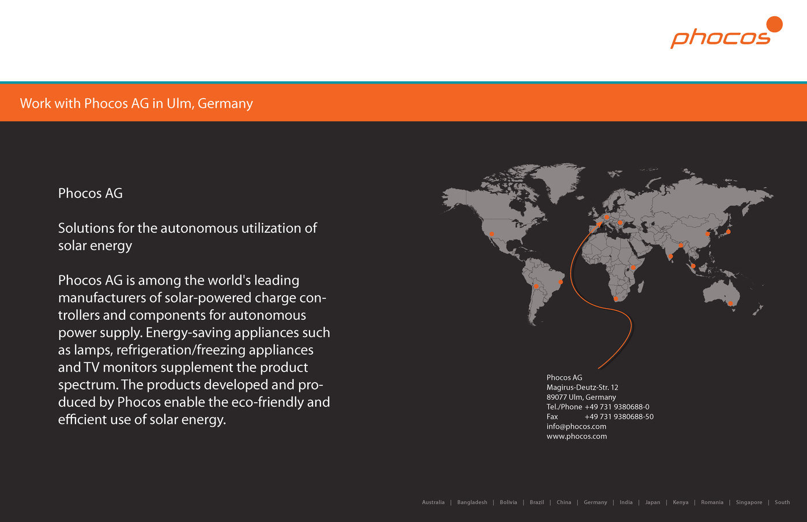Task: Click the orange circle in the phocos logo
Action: [774, 24]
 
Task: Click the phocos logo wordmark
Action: [720, 38]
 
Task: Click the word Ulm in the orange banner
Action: [179, 103]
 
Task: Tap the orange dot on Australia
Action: [730, 303]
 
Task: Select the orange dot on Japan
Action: [728, 232]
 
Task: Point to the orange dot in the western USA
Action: [492, 234]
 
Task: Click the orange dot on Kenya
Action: [633, 267]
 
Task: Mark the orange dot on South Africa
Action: [616, 299]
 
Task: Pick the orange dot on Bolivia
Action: [536, 286]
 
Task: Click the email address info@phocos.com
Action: [576, 426]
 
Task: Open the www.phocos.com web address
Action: [576, 436]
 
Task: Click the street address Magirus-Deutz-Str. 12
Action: [582, 387]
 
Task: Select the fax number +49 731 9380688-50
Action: [619, 417]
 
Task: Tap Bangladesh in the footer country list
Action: [472, 502]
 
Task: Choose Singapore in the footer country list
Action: [749, 502]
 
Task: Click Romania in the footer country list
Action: [712, 502]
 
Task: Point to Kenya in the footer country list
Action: [680, 502]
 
